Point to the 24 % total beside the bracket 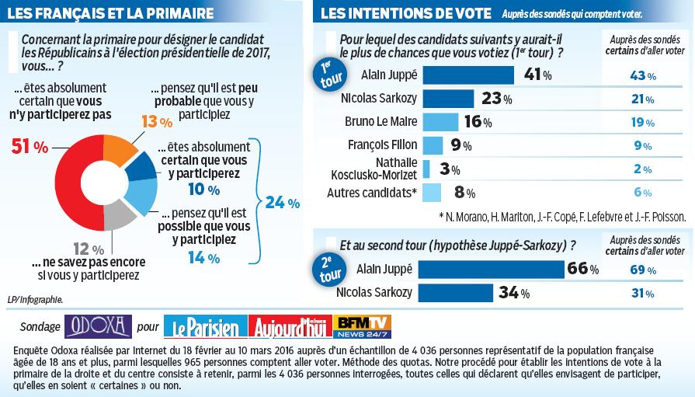282,203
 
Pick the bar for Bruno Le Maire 442,122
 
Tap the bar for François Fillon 433,145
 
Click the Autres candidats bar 433,193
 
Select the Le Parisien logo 205,327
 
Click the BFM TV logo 361,326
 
